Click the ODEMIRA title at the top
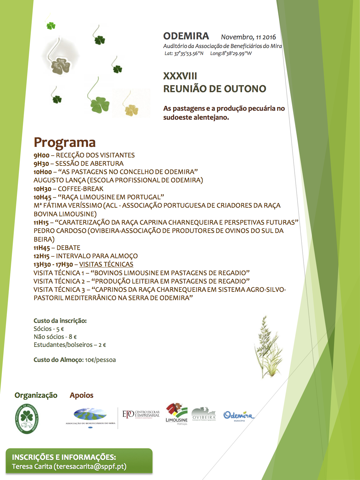pos(186,36)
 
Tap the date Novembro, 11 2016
pos(248,37)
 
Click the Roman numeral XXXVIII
pos(180,76)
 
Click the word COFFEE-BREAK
pos(81,189)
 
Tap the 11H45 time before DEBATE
pos(42,248)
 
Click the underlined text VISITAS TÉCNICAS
pos(106,264)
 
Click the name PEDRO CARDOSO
pos(60,231)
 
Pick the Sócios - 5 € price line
pos(49,329)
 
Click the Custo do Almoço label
pos(58,360)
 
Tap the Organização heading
pos(36,395)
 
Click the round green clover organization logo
pos(27,418)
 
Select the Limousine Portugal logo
pos(176,414)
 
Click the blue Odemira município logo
pos(239,416)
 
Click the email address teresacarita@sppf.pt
pos(91,467)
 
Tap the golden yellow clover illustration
pos(131,110)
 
